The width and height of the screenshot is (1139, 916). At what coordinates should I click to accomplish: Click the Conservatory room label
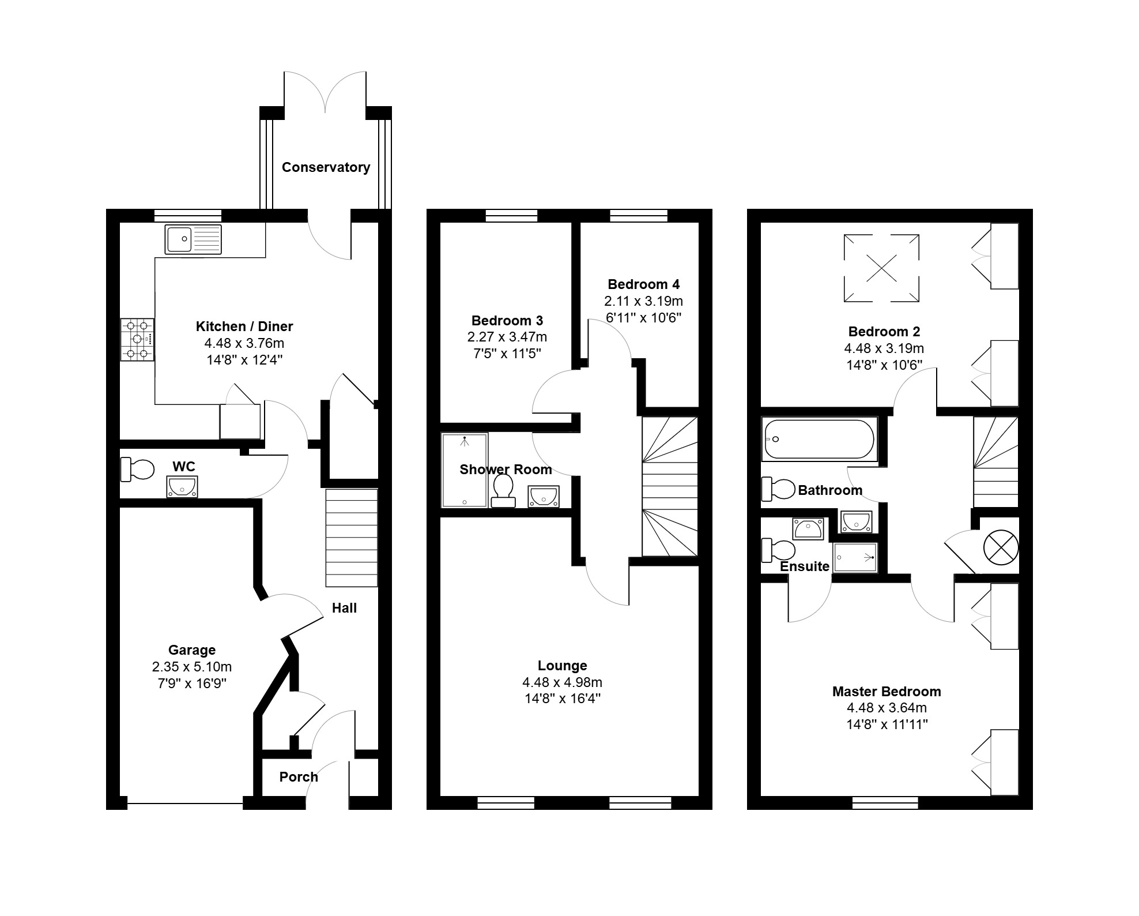point(326,167)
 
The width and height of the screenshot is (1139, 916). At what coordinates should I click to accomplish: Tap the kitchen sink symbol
point(193,239)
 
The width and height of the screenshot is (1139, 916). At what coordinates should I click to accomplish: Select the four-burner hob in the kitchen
point(137,340)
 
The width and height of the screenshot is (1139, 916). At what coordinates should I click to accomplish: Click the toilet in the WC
point(137,470)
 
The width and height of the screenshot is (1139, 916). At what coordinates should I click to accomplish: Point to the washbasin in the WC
point(182,486)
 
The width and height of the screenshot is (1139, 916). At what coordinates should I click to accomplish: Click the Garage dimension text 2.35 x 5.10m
point(192,667)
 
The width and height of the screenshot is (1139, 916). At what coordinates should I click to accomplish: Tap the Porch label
point(299,777)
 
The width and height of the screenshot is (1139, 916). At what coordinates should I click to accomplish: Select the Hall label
point(344,608)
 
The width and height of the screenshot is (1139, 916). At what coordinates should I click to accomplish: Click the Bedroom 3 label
point(507,321)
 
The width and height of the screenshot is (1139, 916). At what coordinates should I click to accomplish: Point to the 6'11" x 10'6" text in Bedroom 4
point(643,318)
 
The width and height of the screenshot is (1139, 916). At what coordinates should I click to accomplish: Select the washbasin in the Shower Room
point(544,497)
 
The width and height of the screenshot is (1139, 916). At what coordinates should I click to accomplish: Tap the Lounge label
point(563,666)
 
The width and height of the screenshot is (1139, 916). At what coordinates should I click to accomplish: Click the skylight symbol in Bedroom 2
point(881,268)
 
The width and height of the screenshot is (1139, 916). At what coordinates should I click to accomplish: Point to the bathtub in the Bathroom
point(819,440)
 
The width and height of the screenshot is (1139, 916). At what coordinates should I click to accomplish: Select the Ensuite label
point(805,566)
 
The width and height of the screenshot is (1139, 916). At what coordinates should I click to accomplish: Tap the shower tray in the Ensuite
point(856,557)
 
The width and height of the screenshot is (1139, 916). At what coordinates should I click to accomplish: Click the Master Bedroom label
point(887,692)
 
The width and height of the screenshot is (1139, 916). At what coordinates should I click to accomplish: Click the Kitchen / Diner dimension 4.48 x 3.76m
point(244,343)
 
